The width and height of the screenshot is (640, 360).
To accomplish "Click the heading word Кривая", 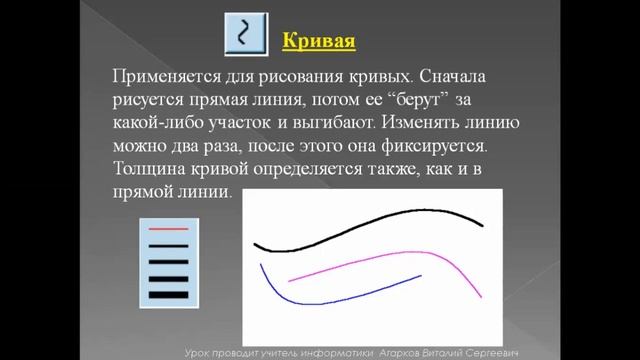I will (x=319, y=41).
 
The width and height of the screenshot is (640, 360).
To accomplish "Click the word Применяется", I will (x=165, y=76).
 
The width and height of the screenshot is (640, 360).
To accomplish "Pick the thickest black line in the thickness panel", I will (x=168, y=293).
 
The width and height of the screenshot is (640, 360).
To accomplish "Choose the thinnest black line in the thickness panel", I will (x=168, y=243).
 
